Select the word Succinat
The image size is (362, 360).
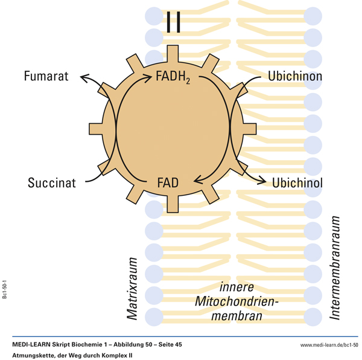point(52,182)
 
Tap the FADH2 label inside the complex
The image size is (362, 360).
point(173,77)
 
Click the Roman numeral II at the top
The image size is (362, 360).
point(173,23)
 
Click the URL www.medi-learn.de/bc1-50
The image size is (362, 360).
point(329,344)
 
